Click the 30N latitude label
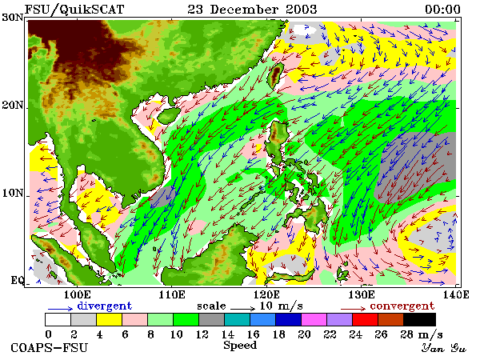point(13,17)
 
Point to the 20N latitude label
point(13,106)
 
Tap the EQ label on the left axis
point(17,280)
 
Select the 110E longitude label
point(172,294)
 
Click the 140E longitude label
point(456,294)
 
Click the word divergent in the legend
point(104,306)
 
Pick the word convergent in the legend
point(402,306)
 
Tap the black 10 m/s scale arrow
point(242,309)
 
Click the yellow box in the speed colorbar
point(110,319)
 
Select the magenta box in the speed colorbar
point(314,319)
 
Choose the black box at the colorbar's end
point(420,319)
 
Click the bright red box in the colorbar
point(366,319)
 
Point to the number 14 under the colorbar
point(228,334)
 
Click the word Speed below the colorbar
point(240,346)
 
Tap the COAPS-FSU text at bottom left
point(50,348)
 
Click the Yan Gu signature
point(443,348)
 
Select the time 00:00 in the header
point(442,10)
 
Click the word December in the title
point(244,10)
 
